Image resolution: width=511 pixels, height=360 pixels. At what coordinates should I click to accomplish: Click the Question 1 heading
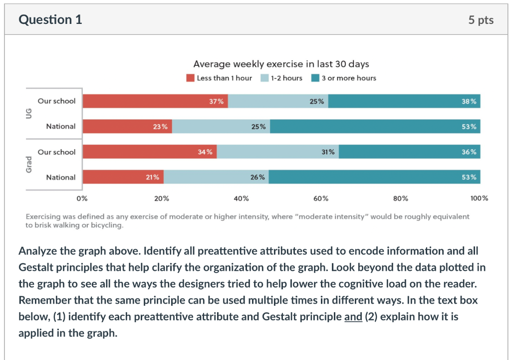pos(50,19)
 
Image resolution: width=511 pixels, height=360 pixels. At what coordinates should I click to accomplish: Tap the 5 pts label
pos(481,20)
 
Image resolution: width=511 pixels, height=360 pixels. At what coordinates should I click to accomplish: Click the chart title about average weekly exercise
pos(281,64)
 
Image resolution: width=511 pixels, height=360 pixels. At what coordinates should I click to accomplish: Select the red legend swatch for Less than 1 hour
pos(190,78)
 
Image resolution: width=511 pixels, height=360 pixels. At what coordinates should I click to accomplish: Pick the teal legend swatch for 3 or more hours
pos(315,78)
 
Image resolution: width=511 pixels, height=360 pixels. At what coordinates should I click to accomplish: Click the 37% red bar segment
pos(155,101)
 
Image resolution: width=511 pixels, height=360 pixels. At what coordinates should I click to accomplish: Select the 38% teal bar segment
pos(404,101)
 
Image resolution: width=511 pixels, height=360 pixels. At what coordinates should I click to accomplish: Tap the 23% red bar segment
pos(127,127)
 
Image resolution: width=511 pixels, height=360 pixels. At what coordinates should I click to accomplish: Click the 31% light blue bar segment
pos(277,152)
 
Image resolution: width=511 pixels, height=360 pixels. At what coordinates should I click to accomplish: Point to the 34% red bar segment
pos(149,152)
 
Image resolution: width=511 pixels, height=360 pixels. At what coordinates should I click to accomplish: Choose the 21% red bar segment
pos(123,177)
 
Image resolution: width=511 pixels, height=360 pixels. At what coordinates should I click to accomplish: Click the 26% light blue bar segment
pos(216,177)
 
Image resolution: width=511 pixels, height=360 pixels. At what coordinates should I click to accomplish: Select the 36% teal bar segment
pos(409,152)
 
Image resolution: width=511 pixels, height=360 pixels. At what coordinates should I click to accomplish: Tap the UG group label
pos(29,113)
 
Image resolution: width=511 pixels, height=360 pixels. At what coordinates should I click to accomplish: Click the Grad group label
pos(29,164)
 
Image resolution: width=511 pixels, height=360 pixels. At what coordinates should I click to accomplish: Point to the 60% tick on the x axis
pos(321,198)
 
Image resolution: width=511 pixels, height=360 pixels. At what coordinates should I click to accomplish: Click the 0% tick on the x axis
pos(82,198)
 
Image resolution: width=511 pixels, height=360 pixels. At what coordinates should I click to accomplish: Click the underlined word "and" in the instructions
pos(353,317)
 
